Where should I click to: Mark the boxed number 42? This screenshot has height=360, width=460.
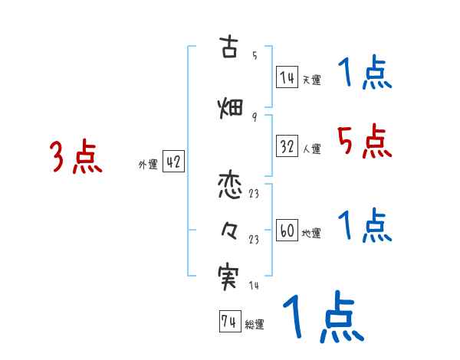[x=173, y=162]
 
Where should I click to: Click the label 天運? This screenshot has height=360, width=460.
[x=311, y=80]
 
